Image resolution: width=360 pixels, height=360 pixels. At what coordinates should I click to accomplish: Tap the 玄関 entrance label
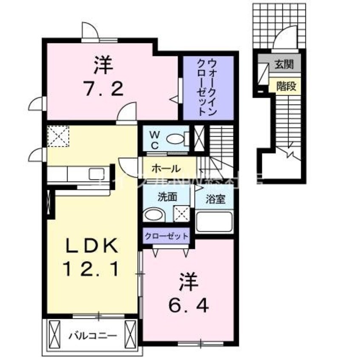[x=283, y=65]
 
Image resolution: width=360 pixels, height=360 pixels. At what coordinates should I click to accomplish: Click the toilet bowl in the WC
[x=175, y=139]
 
